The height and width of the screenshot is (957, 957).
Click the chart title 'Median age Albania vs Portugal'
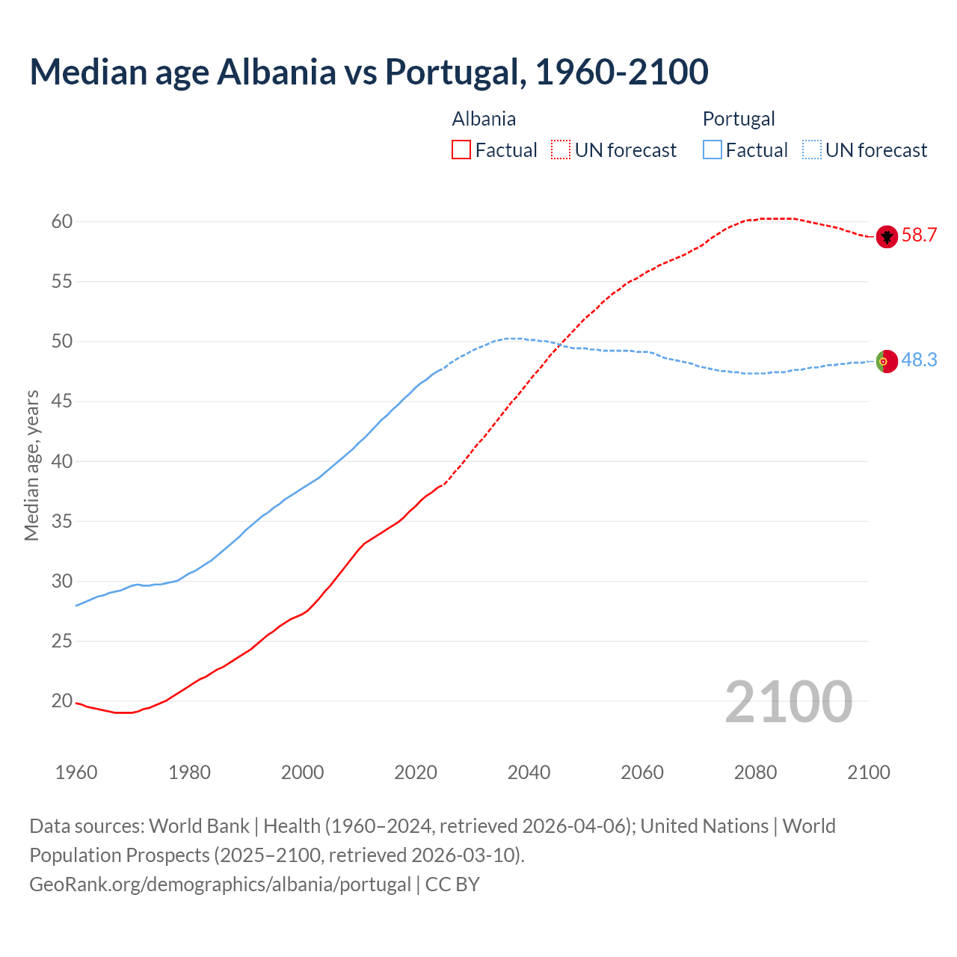tap(369, 72)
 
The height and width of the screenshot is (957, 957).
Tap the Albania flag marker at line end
tap(887, 236)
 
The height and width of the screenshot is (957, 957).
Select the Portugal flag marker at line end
tap(886, 360)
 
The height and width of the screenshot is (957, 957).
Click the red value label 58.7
tap(919, 236)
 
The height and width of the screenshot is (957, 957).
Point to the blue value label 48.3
tap(919, 360)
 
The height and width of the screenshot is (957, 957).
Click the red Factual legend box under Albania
tap(461, 150)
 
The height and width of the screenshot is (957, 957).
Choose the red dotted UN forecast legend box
tap(561, 150)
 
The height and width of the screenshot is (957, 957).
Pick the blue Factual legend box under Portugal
tap(713, 150)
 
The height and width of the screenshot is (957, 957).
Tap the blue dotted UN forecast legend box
tap(811, 150)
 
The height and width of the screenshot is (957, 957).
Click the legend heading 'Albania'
tap(484, 119)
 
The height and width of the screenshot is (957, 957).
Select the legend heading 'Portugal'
tap(739, 119)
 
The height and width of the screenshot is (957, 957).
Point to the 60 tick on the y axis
tap(62, 221)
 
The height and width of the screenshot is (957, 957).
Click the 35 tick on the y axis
tap(62, 521)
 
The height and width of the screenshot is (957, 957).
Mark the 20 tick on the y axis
tap(62, 701)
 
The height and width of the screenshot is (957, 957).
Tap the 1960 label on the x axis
tap(76, 772)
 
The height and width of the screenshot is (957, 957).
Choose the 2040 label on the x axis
tap(529, 772)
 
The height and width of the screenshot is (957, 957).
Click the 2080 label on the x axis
tap(755, 772)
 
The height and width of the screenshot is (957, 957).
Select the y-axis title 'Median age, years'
tap(31, 464)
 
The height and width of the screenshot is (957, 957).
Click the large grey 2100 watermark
tap(788, 701)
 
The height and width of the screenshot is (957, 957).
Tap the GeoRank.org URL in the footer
tap(220, 884)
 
